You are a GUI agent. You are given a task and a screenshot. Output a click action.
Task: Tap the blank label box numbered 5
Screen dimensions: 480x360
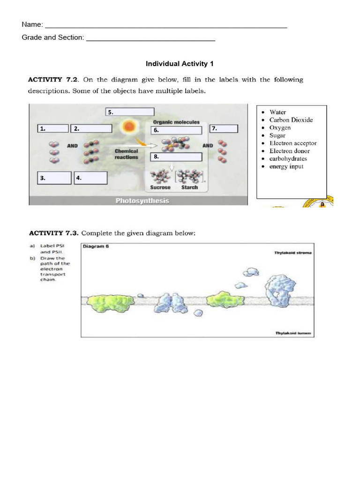click(130, 112)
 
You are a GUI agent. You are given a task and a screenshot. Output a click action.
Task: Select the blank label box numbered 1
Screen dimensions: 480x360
click(52, 128)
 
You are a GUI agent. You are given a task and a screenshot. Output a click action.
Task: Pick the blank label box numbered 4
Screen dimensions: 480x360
click(90, 178)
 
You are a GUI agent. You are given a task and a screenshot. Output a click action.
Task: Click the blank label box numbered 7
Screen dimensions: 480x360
click(224, 128)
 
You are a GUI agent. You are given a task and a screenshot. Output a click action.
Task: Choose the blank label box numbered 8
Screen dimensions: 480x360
click(176, 157)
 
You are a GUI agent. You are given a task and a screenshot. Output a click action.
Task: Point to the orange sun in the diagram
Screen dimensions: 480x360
click(128, 127)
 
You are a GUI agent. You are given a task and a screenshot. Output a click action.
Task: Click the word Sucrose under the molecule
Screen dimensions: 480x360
click(160, 187)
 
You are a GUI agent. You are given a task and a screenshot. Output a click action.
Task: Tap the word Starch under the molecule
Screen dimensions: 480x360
click(189, 187)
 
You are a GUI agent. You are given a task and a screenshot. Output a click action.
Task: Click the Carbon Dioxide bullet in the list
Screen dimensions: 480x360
click(291, 120)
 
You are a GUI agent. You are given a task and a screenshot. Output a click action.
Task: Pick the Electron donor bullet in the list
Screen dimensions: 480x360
click(289, 151)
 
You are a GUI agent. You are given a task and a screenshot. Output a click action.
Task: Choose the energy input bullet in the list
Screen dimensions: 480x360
click(286, 166)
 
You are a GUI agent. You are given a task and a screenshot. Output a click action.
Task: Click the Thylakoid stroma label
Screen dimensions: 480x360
click(292, 253)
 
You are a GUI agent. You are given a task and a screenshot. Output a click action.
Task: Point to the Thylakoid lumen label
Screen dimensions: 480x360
click(293, 333)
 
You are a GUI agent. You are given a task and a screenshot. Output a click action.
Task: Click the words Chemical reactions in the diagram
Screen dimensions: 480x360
click(127, 154)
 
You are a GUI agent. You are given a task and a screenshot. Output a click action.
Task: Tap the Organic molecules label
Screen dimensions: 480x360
click(176, 122)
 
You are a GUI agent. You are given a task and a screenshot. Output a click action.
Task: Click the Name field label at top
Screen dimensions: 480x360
click(32, 24)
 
